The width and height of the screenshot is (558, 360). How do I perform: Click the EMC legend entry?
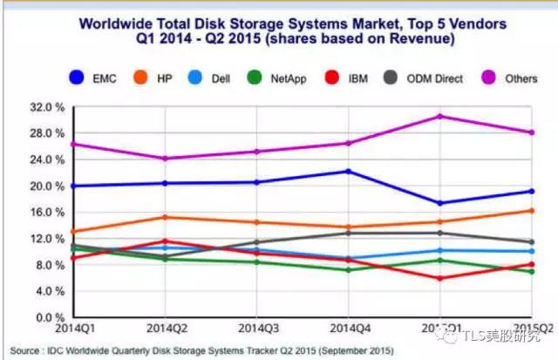[92, 78]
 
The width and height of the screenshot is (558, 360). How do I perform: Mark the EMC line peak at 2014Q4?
[349, 171]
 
